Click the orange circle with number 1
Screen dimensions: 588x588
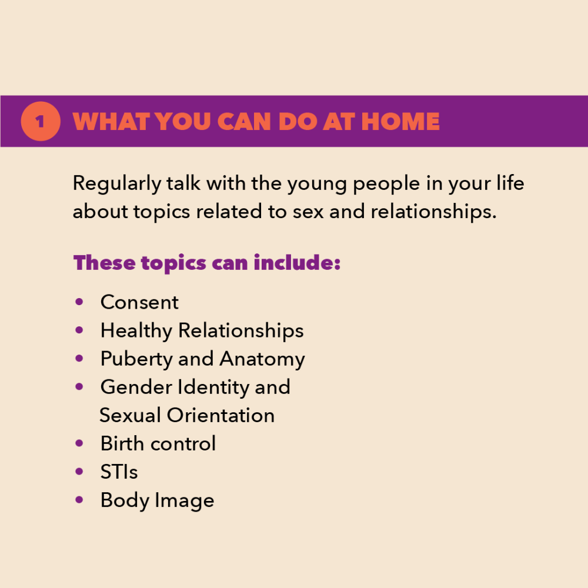click(x=41, y=121)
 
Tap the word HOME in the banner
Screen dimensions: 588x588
click(x=400, y=122)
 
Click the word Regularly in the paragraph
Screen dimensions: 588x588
click(x=117, y=184)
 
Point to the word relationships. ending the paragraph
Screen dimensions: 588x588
click(x=433, y=212)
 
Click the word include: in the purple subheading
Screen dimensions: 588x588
click(x=297, y=262)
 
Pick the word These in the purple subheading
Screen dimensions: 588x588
click(x=104, y=262)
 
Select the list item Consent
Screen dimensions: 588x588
click(x=139, y=302)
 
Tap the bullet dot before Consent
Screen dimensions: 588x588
click(x=79, y=302)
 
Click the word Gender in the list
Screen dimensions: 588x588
click(x=136, y=387)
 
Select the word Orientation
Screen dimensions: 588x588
click(x=220, y=416)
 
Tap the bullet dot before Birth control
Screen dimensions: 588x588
click(x=79, y=443)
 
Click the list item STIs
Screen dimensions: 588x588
click(x=119, y=472)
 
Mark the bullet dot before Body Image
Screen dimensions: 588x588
click(x=79, y=500)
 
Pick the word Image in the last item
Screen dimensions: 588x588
click(x=185, y=501)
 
